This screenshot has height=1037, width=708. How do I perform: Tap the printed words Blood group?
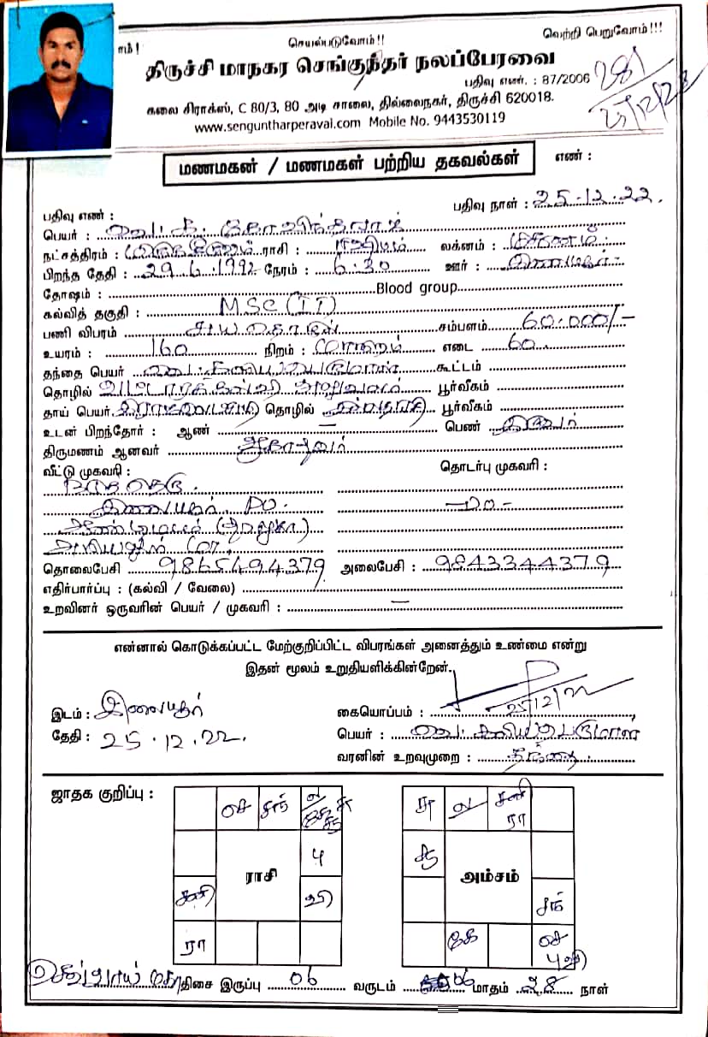coord(417,287)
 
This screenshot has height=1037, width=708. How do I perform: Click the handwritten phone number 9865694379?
coord(242,566)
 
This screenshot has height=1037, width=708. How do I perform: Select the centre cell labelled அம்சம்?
coord(487,877)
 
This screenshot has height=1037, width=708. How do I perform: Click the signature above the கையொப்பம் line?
coord(530,689)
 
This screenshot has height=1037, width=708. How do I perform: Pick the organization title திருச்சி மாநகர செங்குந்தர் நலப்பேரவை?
coord(348,61)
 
